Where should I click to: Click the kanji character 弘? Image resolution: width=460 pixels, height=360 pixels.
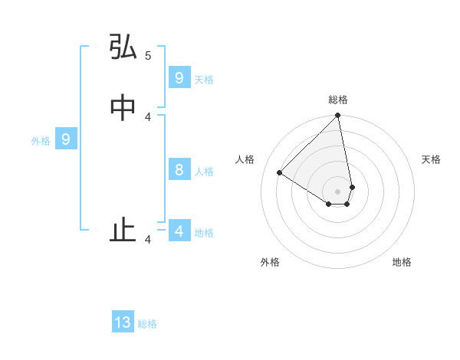point(123,47)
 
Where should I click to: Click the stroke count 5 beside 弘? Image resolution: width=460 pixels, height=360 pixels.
point(148,55)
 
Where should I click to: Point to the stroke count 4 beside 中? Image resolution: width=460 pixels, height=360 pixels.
point(148,116)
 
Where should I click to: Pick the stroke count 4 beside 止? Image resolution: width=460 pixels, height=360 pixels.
point(148,240)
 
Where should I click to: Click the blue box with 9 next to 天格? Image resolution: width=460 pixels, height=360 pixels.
point(179,78)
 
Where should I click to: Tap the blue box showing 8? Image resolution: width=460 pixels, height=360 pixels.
point(179,170)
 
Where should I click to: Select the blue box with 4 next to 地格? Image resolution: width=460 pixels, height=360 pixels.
point(179,231)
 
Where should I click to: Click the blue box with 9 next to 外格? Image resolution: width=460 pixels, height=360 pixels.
point(66,139)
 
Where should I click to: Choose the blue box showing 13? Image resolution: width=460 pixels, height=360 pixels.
point(123,322)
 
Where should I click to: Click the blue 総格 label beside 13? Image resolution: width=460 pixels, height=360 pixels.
point(147,324)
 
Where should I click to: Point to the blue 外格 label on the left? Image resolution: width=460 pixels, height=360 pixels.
point(41,141)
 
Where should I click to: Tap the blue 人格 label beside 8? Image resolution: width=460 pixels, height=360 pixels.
point(204,172)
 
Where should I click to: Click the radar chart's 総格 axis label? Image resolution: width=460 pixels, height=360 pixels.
point(338,100)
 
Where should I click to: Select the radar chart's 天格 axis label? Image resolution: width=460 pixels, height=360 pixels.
point(431,159)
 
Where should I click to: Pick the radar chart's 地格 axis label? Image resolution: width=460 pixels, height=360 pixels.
point(402,262)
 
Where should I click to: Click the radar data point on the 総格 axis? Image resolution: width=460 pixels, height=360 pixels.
point(338,116)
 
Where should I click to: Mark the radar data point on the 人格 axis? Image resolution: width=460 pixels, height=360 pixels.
point(280,173)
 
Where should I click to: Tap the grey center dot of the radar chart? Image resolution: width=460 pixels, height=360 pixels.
point(338,191)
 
